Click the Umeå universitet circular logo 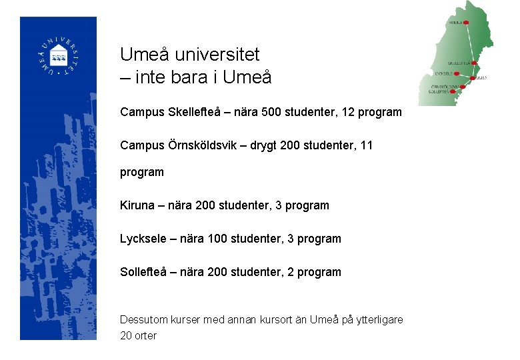click(59, 56)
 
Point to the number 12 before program click(348, 112)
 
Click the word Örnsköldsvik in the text click(205, 145)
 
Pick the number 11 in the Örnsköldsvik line click(366, 145)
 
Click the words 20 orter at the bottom click(138, 335)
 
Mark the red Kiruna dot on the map click(466, 22)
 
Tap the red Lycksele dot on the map click(457, 73)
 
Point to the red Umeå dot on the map click(473, 79)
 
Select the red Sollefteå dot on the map click(453, 91)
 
